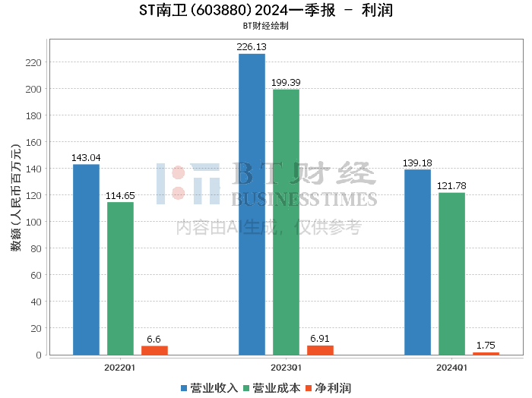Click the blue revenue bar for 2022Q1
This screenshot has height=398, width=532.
(86, 260)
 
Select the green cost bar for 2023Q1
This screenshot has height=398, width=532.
(286, 222)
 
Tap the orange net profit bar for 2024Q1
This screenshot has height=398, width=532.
(486, 354)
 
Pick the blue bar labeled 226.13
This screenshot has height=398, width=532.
(252, 204)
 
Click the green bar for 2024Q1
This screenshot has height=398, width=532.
(451, 274)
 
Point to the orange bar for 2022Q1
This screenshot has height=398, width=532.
(154, 351)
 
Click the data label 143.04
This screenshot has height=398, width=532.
(86, 158)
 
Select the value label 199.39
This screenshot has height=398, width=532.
(286, 82)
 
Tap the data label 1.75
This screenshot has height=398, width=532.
(486, 346)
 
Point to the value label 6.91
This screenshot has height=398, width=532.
(320, 339)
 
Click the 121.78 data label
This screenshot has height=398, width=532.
(451, 186)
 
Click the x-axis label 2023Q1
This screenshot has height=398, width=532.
(286, 368)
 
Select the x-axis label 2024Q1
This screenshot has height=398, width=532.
(451, 368)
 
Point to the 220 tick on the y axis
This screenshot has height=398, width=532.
(33, 62)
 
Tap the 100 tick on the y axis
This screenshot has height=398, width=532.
(33, 222)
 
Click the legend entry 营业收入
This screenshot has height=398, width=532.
(209, 388)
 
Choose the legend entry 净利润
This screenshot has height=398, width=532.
(328, 388)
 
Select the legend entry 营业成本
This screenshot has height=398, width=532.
(272, 388)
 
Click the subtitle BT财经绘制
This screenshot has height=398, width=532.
(266, 26)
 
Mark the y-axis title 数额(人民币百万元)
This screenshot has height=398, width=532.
(16, 197)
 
